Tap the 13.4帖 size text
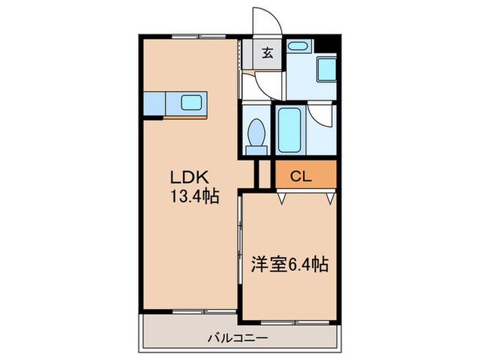tap(195, 197)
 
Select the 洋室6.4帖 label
tap(287, 264)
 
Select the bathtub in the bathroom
tap(289, 130)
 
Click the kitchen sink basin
tap(190, 104)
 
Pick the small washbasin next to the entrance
tap(296, 47)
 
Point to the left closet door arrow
tap(282, 198)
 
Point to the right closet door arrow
tap(331, 198)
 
